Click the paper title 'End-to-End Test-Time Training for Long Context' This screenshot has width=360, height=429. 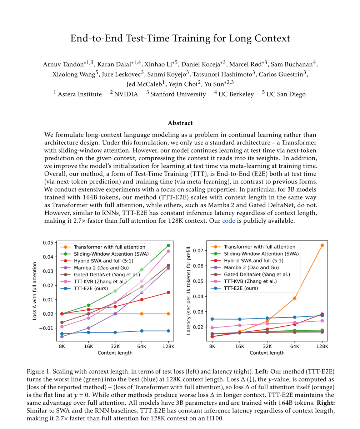[180, 38]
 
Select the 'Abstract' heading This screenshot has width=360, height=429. [180, 123]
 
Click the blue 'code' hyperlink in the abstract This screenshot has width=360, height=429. [229, 221]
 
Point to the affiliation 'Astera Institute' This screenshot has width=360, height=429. [79, 94]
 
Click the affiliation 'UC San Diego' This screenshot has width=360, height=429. [286, 94]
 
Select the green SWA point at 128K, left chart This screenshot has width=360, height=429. [168, 246]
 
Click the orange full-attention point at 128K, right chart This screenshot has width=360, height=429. [322, 245]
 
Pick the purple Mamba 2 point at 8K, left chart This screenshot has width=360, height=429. [62, 336]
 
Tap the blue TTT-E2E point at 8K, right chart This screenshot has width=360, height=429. [212, 319]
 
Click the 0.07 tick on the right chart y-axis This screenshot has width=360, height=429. [200, 250]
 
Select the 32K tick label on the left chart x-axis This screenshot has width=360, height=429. [115, 346]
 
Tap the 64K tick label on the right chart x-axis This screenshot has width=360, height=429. [295, 346]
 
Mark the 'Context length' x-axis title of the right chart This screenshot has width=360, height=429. [267, 353]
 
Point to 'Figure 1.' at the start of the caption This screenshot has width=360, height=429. [39, 371]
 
